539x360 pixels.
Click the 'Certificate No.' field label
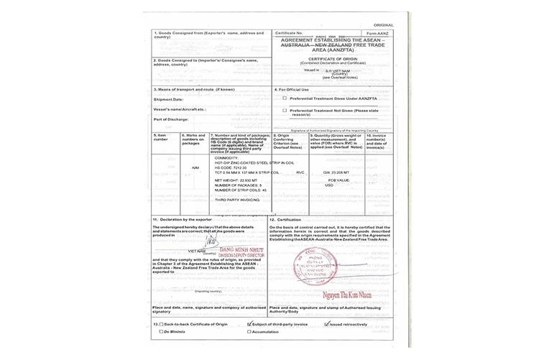pyautogui.click(x=289, y=34)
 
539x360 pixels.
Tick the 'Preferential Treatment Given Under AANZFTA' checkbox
pyautogui.click(x=285, y=98)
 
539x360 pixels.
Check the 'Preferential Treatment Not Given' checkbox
pyautogui.click(x=285, y=111)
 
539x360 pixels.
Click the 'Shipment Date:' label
pyautogui.click(x=168, y=99)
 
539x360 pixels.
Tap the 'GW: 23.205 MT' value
pyautogui.click(x=337, y=173)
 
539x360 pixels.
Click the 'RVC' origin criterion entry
pyautogui.click(x=300, y=172)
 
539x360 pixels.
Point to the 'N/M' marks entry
pyautogui.click(x=195, y=168)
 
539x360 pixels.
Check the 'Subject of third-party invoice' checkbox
pyautogui.click(x=249, y=324)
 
